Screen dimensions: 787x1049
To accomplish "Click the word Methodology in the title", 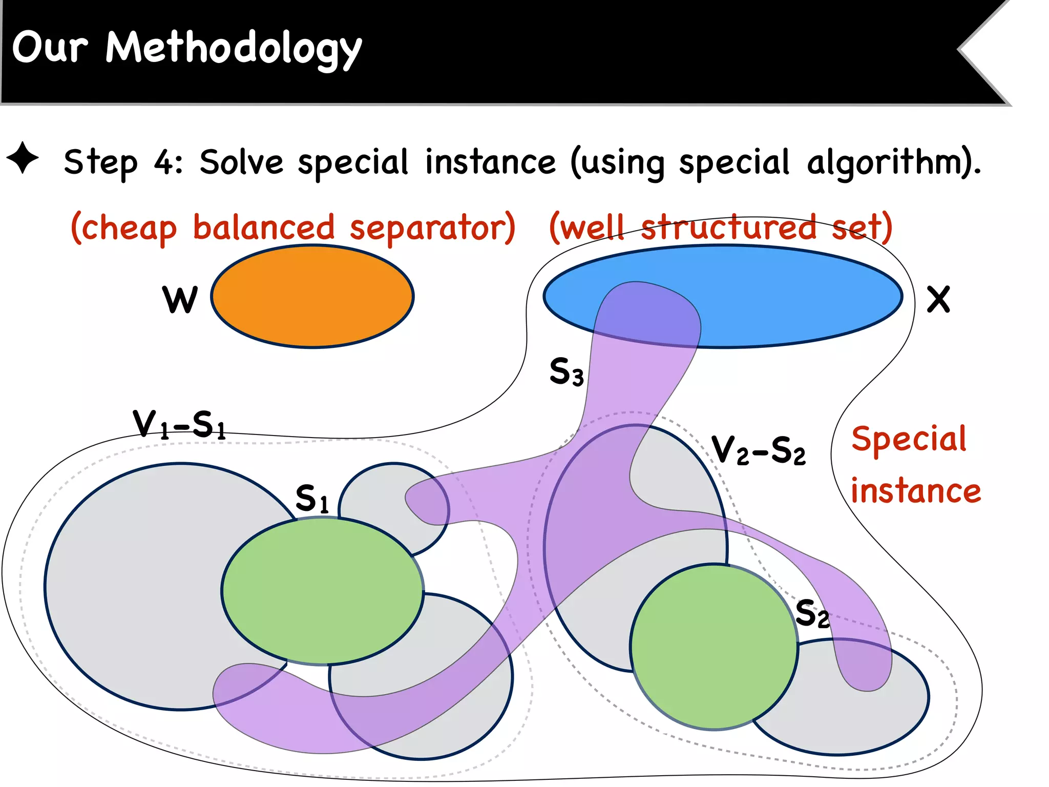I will pyautogui.click(x=234, y=49).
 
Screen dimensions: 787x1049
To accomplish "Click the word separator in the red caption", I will pyautogui.click(x=432, y=227).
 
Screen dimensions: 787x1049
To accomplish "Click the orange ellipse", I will pyautogui.click(x=312, y=297).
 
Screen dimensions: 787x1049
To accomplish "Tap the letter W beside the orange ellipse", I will pyautogui.click(x=180, y=300).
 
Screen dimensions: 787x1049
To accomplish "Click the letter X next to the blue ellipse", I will pyautogui.click(x=938, y=300).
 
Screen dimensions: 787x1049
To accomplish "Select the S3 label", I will pyautogui.click(x=566, y=371).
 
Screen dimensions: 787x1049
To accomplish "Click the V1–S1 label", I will pyautogui.click(x=179, y=425).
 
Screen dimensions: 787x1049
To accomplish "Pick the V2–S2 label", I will pyautogui.click(x=759, y=450).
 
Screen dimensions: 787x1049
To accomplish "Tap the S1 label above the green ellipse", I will pyautogui.click(x=312, y=499).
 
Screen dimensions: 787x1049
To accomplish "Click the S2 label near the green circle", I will pyautogui.click(x=812, y=613).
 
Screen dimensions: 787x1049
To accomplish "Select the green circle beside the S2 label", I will pyautogui.click(x=714, y=647).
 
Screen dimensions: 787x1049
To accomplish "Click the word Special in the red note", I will pyautogui.click(x=909, y=439).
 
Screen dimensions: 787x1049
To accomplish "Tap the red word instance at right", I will pyautogui.click(x=915, y=491).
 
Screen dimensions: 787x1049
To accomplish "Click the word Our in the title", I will pyautogui.click(x=50, y=47).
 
